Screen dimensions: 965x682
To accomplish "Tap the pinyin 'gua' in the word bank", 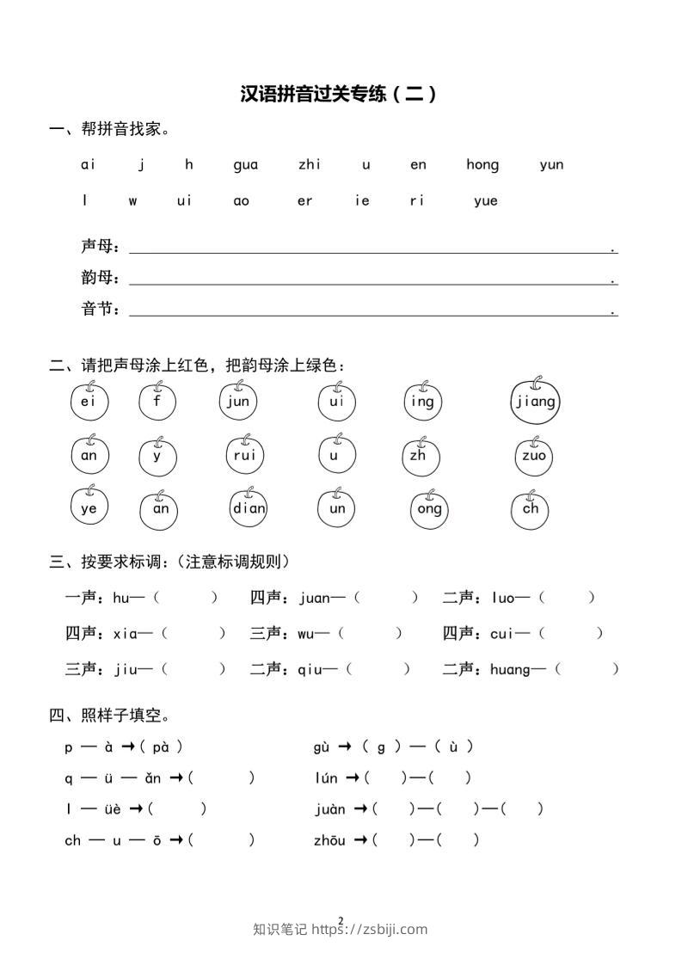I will (x=245, y=165).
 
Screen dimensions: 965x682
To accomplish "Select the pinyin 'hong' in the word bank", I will (x=482, y=165).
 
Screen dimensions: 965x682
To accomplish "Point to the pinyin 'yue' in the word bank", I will (x=485, y=201).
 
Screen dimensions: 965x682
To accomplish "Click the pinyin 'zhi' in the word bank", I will (x=310, y=165).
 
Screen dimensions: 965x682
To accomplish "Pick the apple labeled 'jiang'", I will (x=535, y=402).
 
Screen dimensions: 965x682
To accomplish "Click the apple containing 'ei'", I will (x=89, y=403).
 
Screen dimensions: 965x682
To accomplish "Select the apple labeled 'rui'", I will (x=245, y=456).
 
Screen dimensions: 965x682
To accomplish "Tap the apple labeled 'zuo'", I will (x=533, y=457).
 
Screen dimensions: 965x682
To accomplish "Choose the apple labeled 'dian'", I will (x=249, y=508).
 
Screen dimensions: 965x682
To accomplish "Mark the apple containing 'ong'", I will (x=429, y=509).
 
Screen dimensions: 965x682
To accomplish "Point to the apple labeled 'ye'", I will (x=89, y=508).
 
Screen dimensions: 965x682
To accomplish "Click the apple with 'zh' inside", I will (x=419, y=457).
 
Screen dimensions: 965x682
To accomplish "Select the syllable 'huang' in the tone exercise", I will (x=511, y=669).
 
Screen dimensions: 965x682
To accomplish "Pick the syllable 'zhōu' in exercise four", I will (x=330, y=840).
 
